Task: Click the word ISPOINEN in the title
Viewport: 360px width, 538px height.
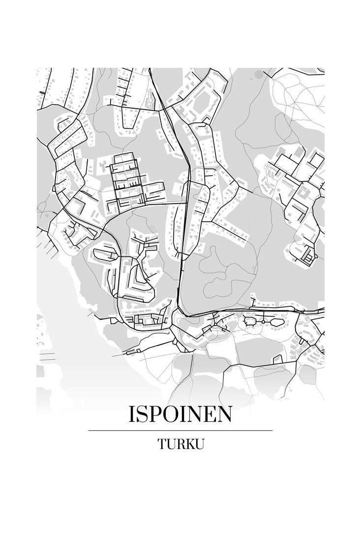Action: (x=180, y=415)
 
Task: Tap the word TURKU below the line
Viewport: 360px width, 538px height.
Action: (x=180, y=444)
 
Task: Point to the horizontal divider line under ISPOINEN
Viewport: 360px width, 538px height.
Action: (x=180, y=430)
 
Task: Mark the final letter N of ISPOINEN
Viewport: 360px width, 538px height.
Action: (x=224, y=415)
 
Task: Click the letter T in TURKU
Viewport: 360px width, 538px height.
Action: (x=162, y=444)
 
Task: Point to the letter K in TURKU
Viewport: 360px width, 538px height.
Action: (x=189, y=444)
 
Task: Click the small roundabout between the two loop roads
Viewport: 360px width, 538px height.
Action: (x=263, y=322)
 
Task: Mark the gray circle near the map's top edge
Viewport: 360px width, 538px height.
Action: (x=259, y=74)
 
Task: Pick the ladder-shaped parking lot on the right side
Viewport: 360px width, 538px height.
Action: (x=308, y=254)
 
